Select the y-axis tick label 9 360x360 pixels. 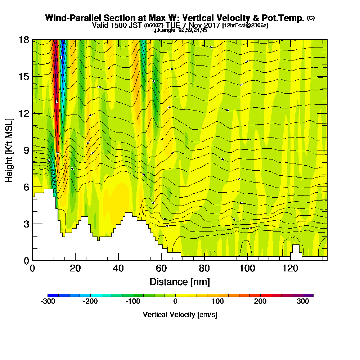click(26, 150)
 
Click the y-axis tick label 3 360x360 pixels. click(26, 224)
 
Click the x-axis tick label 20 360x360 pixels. click(75, 269)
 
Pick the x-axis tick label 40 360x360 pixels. click(118, 269)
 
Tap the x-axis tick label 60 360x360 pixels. click(161, 269)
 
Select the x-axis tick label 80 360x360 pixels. click(204, 269)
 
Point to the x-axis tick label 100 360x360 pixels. click(247, 269)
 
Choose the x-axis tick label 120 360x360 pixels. click(291, 269)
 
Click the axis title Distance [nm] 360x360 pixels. click(180, 282)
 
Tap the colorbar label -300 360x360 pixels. click(48, 302)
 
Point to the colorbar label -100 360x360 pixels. click(133, 302)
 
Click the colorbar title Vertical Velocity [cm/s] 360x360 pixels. click(180, 315)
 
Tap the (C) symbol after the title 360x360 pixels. click(311, 18)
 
